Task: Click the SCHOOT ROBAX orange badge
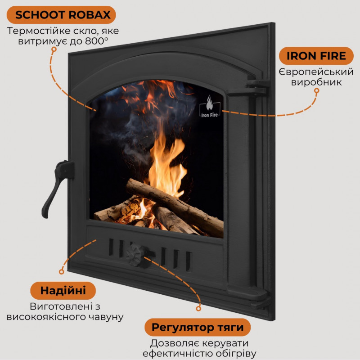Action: click(63, 14)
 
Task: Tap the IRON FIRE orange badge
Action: click(313, 56)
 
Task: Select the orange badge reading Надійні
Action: click(63, 290)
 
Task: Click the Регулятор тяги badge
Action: click(198, 327)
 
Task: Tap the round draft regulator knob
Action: click(135, 254)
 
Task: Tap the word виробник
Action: click(316, 83)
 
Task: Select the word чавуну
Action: click(106, 317)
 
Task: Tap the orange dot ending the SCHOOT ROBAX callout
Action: click(54, 50)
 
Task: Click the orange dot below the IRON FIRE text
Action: click(316, 90)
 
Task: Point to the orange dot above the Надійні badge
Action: click(62, 271)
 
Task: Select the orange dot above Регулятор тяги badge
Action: click(198, 309)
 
